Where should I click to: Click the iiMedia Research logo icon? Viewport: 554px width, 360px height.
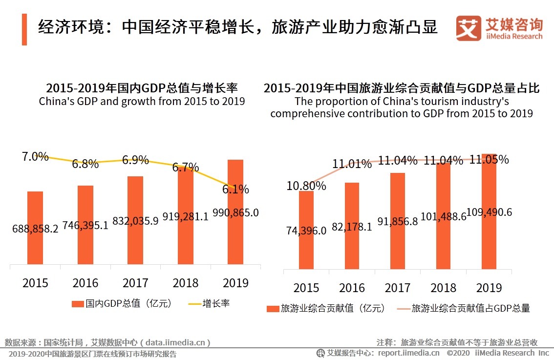(468, 29)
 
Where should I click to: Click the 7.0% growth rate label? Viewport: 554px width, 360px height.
(35, 157)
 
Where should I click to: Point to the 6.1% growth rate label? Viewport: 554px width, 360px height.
(235, 190)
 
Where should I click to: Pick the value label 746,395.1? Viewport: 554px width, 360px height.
(85, 225)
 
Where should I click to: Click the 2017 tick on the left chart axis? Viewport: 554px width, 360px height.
(135, 283)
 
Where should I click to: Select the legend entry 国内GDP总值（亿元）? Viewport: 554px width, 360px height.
(122, 303)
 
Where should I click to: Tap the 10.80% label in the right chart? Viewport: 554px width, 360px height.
(306, 186)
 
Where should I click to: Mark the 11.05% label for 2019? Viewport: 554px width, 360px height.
(489, 160)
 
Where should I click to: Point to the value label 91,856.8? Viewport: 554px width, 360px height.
(397, 221)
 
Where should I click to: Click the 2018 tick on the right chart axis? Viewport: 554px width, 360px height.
(443, 287)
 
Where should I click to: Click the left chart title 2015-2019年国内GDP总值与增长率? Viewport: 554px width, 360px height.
(142, 88)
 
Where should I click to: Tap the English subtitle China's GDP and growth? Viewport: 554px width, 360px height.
(142, 101)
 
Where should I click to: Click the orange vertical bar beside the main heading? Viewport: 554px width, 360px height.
(24, 30)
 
